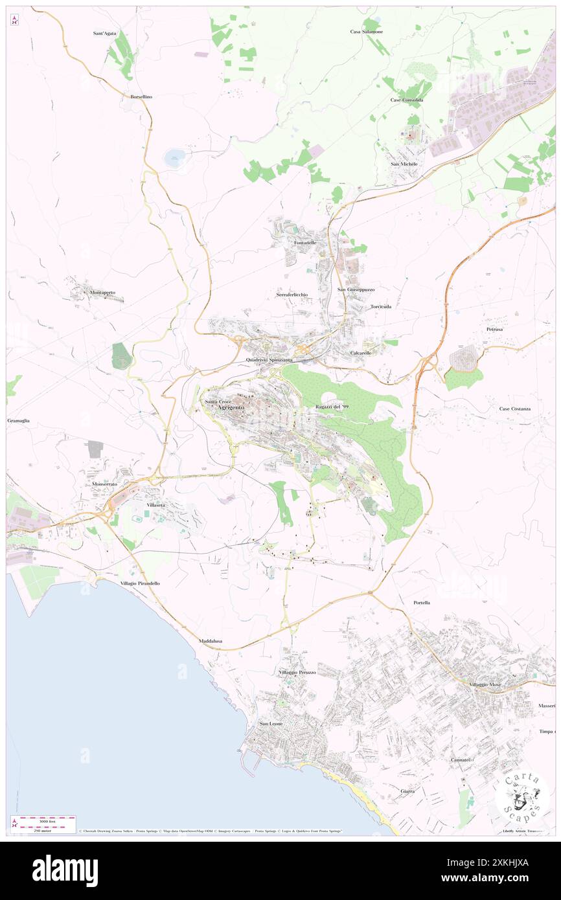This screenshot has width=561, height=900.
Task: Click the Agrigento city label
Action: (x=231, y=407)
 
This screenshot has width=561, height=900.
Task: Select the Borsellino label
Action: (x=141, y=96)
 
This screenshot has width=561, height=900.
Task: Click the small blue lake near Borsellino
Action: (x=174, y=156)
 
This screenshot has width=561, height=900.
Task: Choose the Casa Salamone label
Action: (x=366, y=32)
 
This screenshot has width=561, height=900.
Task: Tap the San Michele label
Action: (x=404, y=164)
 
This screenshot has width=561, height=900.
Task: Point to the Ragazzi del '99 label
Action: (x=333, y=406)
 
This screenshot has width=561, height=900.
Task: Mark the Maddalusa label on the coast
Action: (x=211, y=641)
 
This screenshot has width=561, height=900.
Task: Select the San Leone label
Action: (x=271, y=723)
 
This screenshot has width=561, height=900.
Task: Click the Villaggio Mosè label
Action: (x=486, y=684)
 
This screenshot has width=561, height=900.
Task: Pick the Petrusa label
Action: (x=494, y=330)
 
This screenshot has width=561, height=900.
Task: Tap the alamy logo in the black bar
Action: (x=65, y=870)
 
